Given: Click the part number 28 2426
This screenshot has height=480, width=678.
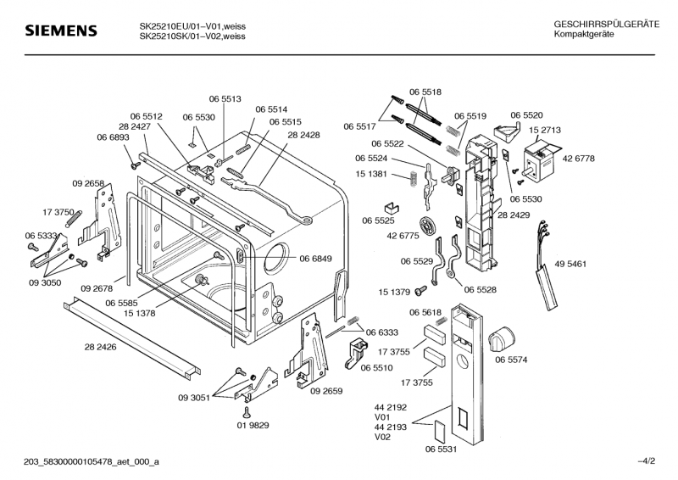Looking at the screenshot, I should [101, 347].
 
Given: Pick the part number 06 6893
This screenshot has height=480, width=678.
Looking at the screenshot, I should [113, 137].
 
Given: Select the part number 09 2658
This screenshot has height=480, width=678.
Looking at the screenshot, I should [88, 184].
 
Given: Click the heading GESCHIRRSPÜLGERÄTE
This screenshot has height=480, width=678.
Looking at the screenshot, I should [606, 25].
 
